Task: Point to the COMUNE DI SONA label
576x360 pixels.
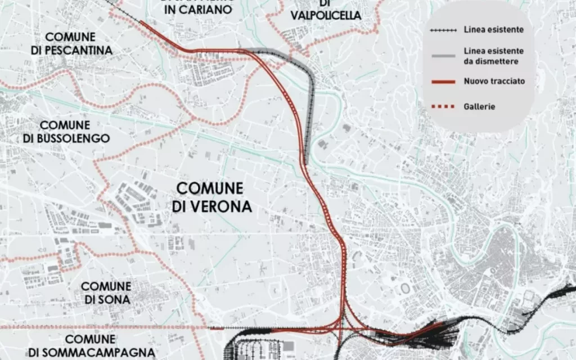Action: tap(107, 293)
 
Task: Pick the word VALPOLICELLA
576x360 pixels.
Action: tap(326, 16)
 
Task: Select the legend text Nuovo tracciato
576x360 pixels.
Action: tap(494, 82)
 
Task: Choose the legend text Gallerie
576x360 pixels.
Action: tap(479, 107)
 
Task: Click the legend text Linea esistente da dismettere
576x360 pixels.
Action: tap(494, 56)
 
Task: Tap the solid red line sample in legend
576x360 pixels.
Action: tap(443, 82)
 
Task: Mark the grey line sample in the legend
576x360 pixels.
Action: tap(443, 56)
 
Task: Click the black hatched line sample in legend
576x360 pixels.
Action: tap(443, 30)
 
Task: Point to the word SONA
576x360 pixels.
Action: tap(115, 300)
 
